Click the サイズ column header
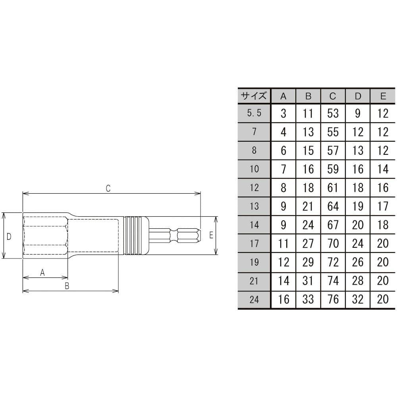coord(254,96)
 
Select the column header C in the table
coord(333,96)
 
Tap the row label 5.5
coord(254,113)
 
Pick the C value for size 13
coord(333,206)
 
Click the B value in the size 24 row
coord(308,299)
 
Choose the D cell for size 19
coord(358,262)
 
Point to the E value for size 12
coord(383,188)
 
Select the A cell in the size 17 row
coord(283,244)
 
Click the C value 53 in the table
coord(333,113)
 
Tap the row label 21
coord(254,281)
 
